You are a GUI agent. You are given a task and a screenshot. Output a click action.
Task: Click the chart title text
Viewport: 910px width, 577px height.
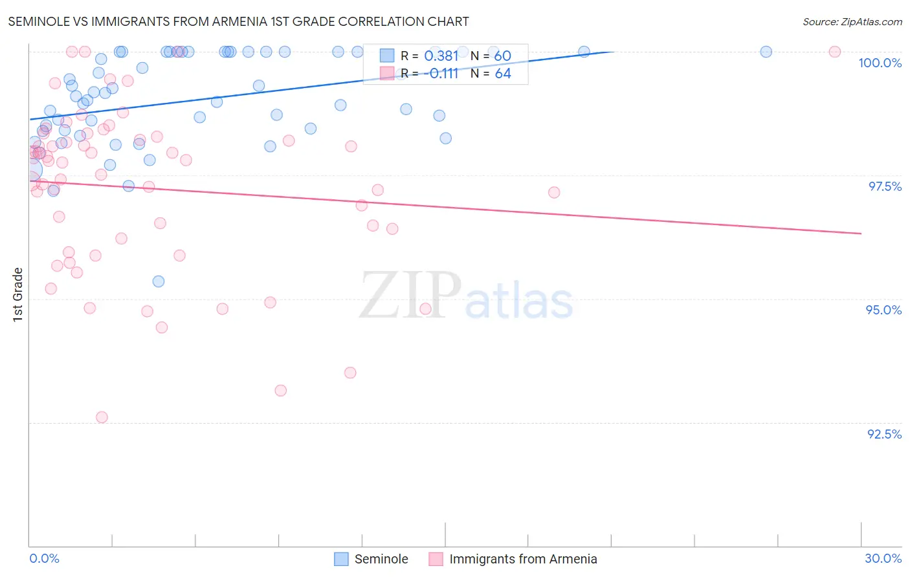tap(238, 21)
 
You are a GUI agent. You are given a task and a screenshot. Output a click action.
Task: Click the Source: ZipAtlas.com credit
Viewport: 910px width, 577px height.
tap(852, 21)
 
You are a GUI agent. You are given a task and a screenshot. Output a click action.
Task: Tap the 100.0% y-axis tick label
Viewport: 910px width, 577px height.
tap(880, 63)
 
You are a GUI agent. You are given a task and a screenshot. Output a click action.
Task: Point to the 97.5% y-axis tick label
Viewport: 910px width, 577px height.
tap(885, 186)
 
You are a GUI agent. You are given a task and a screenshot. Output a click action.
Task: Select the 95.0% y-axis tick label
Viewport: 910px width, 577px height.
tap(883, 310)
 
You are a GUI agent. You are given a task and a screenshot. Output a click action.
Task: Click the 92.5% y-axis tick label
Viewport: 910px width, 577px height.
tap(884, 434)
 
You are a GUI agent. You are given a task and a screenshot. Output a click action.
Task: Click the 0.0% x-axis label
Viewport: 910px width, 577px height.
tap(44, 558)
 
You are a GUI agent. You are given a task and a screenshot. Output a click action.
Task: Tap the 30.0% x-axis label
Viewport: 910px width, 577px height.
tap(883, 558)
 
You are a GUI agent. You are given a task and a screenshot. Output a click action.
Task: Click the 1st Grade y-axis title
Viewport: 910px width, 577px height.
tap(18, 294)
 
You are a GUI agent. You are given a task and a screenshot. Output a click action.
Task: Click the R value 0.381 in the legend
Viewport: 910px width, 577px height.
tap(441, 56)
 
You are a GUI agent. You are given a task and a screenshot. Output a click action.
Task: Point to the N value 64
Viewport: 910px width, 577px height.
tap(503, 74)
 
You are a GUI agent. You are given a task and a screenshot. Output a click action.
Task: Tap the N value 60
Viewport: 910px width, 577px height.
tap(503, 56)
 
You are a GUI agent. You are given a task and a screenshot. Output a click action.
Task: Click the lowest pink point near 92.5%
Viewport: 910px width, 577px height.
tap(102, 417)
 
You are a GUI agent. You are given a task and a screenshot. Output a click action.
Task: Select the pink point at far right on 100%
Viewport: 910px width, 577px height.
tap(835, 52)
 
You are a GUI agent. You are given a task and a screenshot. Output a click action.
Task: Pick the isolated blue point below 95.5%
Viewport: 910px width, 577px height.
tap(159, 281)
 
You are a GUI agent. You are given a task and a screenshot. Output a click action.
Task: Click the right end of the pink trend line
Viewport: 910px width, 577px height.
tap(861, 234)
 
